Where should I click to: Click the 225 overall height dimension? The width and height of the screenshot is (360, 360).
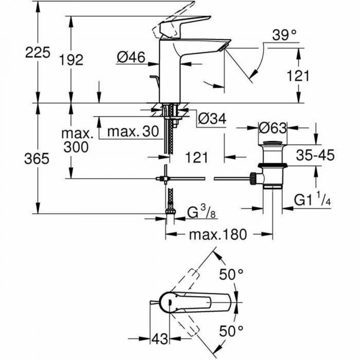point(35,52)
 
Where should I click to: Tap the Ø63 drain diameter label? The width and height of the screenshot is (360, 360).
point(272,127)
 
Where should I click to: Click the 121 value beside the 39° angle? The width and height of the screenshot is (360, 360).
point(298,75)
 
